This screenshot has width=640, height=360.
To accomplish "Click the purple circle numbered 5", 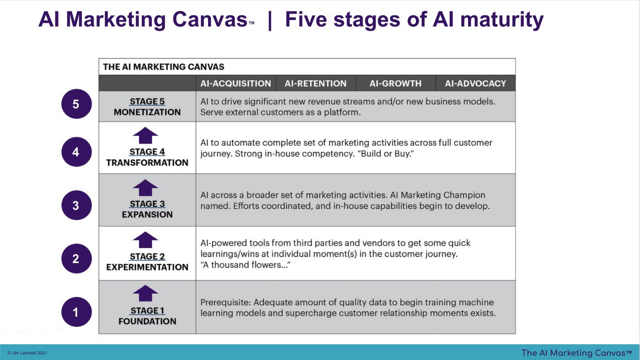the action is [77, 104].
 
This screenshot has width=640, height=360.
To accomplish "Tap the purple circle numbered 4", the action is [77, 152].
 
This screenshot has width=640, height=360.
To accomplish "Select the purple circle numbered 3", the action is [77, 205].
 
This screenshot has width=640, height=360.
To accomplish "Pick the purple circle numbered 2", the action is [77, 258].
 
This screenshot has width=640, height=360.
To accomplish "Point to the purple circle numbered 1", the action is [77, 312].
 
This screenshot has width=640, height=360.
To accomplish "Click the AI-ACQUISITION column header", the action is [236, 84].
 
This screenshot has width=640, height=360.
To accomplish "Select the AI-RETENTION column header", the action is [315, 84].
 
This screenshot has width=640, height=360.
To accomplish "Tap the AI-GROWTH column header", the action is [395, 84].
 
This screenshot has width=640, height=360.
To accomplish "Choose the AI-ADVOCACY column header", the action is [475, 84].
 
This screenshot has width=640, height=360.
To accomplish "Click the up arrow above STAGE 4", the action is [145, 135].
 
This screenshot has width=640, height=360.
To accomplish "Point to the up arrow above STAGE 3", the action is [145, 188].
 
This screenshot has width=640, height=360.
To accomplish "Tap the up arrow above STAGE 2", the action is [145, 240].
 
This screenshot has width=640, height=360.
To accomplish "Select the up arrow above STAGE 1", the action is [145, 293].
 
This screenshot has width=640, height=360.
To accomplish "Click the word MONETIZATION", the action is [147, 112].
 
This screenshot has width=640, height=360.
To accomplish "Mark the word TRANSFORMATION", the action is [147, 163].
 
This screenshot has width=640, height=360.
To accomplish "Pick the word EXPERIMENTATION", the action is [147, 267].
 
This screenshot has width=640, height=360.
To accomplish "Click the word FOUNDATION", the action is [147, 322].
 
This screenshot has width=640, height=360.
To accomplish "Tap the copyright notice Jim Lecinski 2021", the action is [27, 353].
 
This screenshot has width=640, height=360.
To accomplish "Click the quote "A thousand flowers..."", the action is [245, 265].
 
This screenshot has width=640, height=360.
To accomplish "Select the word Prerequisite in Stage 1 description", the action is [226, 302].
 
